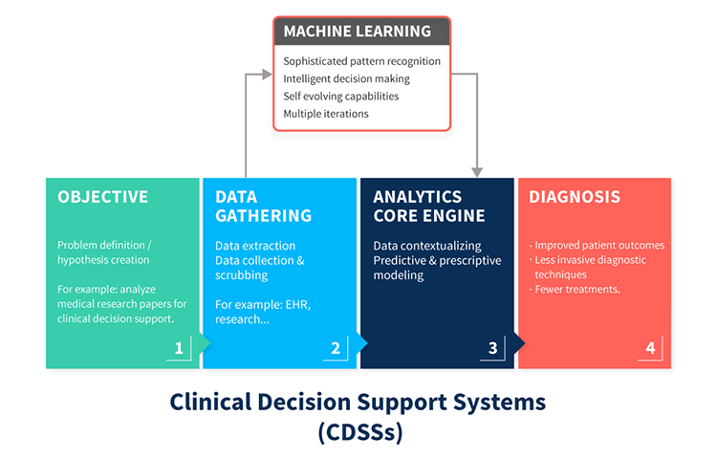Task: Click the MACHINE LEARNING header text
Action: coord(358,32)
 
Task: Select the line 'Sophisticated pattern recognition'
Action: coord(361,61)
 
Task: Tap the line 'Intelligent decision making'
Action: coord(347,78)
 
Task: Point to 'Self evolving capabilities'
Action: coord(341,96)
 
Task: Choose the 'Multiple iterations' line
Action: coord(326,114)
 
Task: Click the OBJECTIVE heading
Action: coord(103,197)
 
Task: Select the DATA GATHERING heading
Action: coord(264,207)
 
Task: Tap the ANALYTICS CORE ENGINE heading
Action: coord(429,207)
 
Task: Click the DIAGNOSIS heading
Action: coord(575,197)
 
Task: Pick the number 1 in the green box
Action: coord(179,348)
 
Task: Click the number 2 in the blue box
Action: coord(336,348)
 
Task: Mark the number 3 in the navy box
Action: coord(492,348)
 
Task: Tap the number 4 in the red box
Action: coord(650,348)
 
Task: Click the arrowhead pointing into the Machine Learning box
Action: coord(267,75)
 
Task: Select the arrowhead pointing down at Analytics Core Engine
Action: coord(477,172)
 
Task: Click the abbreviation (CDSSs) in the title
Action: coord(360,431)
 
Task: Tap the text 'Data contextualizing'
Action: coord(427,246)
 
